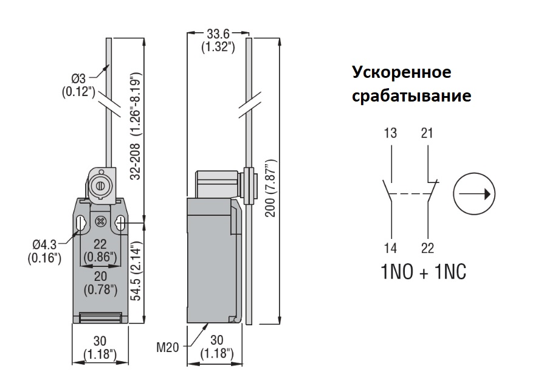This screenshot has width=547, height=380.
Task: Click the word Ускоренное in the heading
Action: (402, 72)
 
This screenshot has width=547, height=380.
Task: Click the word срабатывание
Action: (412, 96)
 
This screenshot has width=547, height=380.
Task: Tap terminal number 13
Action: (391, 133)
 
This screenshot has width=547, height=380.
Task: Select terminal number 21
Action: (427, 133)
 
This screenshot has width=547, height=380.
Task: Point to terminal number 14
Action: (391, 247)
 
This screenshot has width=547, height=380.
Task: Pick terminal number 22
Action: (427, 247)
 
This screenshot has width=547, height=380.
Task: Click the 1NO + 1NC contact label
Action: (424, 272)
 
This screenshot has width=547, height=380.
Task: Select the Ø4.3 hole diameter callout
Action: (44, 244)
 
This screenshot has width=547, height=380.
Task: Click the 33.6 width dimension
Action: (218, 35)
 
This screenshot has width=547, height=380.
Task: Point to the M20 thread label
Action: (168, 348)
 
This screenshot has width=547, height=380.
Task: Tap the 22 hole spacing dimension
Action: (100, 244)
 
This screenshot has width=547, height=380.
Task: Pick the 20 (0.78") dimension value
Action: (100, 283)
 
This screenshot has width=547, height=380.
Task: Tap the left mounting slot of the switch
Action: (80, 224)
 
